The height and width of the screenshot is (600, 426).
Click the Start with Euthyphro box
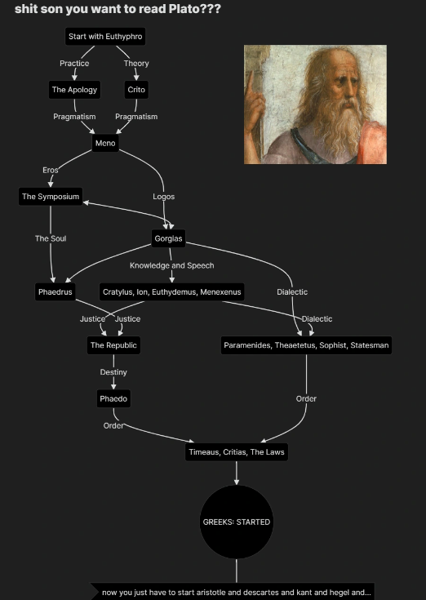click(x=105, y=37)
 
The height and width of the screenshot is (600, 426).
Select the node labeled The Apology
click(x=74, y=90)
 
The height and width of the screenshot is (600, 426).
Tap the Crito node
click(x=136, y=90)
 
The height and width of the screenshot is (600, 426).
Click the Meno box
click(x=105, y=143)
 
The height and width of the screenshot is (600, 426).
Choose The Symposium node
click(x=51, y=197)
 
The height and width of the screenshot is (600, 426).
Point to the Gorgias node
click(x=168, y=238)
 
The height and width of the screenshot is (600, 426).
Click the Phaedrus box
click(x=55, y=292)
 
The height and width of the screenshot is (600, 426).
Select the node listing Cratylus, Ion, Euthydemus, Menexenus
click(x=171, y=292)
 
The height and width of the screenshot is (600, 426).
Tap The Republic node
click(x=113, y=345)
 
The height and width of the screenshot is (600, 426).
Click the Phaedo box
click(x=113, y=398)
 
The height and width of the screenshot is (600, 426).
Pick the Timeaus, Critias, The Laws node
click(x=237, y=452)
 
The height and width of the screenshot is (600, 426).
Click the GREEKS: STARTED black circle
click(x=237, y=522)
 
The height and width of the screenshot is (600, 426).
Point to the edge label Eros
click(x=51, y=170)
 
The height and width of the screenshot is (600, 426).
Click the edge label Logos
click(x=164, y=197)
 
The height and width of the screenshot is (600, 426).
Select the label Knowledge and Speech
click(x=171, y=265)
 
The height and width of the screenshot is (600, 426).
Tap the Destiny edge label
click(x=113, y=372)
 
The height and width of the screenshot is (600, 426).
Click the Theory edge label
click(x=136, y=63)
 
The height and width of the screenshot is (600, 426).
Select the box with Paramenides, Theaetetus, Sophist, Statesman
click(x=306, y=345)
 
